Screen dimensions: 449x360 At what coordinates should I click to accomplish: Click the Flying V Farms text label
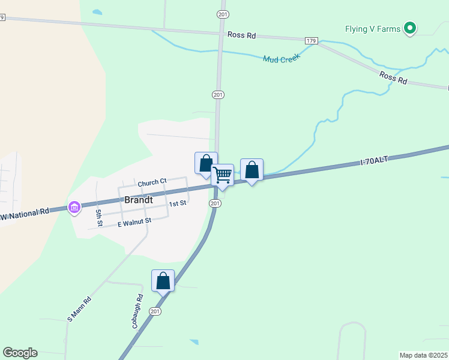pos(372,29)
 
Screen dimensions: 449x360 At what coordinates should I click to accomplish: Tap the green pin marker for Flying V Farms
pos(411,28)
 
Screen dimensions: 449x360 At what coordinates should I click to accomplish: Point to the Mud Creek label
pos(281,58)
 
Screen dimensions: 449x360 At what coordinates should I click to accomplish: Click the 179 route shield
pos(310,40)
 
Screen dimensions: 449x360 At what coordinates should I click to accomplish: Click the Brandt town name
pos(139,199)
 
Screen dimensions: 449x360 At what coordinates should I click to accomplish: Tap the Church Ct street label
pos(151,182)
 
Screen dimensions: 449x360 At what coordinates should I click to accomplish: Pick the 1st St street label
pos(178,203)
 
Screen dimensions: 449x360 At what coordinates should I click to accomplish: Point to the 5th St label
pos(99,217)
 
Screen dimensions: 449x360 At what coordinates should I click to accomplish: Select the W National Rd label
pos(25,213)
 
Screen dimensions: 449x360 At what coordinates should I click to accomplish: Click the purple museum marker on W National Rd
pos(74,208)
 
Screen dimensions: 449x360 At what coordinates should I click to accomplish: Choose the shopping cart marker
pos(222,175)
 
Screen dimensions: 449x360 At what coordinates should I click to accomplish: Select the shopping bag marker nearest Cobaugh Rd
pos(163,281)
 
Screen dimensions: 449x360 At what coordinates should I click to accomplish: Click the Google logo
pos(20,353)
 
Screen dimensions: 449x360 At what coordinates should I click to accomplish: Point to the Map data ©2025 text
pos(424,355)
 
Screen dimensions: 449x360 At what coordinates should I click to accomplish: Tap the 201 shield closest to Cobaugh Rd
pos(155,311)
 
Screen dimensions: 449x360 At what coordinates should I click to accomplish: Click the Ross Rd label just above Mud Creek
pos(242,35)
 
